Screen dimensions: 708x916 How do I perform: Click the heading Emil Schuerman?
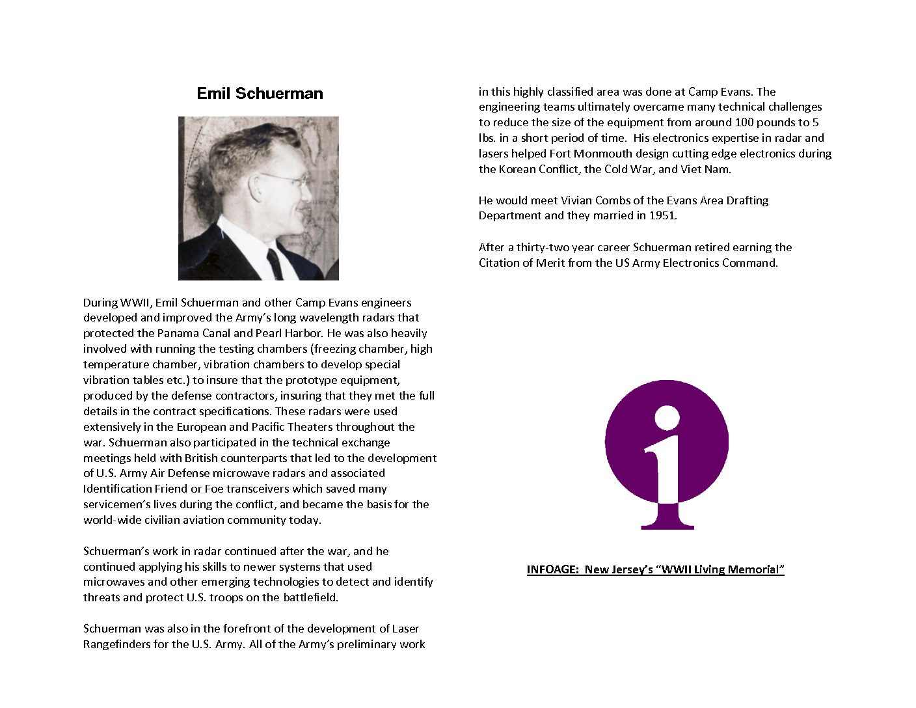coord(260,94)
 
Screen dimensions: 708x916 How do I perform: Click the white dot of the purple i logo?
coord(667,418)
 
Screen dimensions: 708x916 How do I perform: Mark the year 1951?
coord(662,215)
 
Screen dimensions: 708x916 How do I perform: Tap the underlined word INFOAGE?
coord(552,569)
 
